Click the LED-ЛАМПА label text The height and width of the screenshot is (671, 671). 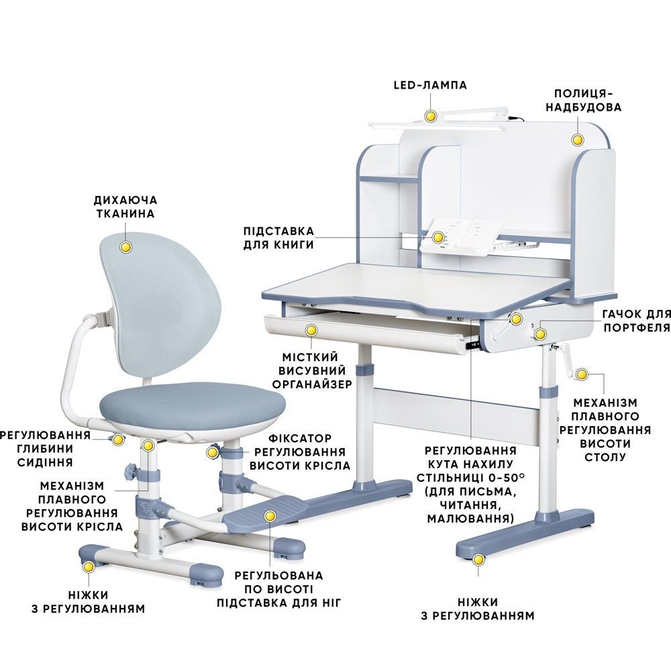point(430,85)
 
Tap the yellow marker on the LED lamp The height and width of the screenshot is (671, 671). point(430,115)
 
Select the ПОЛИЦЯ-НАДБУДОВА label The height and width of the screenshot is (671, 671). point(583,100)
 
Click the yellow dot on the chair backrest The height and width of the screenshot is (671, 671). point(125,247)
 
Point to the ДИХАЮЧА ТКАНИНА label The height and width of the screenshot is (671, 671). point(125,207)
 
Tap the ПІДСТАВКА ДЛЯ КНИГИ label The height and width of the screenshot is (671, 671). point(278,238)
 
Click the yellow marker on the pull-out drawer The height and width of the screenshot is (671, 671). point(311,329)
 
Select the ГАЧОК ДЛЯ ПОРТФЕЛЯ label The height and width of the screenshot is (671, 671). point(636,321)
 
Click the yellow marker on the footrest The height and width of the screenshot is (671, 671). point(269,516)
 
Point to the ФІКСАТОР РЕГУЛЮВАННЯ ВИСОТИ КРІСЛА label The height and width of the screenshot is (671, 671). point(300,452)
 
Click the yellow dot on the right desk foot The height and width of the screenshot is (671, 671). point(478,560)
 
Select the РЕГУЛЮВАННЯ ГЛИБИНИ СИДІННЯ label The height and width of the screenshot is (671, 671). point(45,448)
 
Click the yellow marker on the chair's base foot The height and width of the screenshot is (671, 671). point(89,566)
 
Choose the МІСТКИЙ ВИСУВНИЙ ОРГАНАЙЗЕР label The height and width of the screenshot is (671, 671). point(312,370)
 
